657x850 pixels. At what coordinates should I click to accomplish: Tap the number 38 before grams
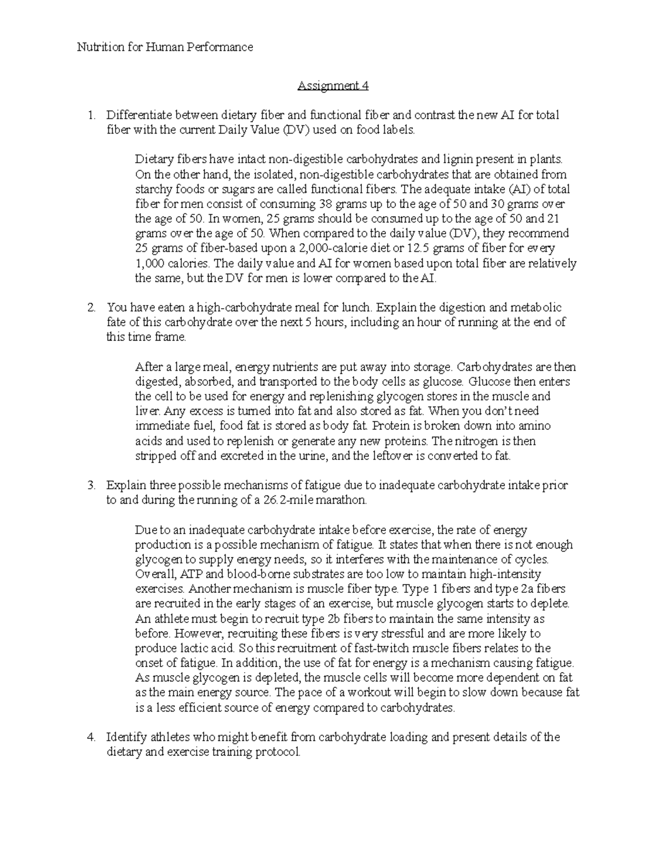[x=325, y=204]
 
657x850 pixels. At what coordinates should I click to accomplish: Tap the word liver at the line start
[x=147, y=411]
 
